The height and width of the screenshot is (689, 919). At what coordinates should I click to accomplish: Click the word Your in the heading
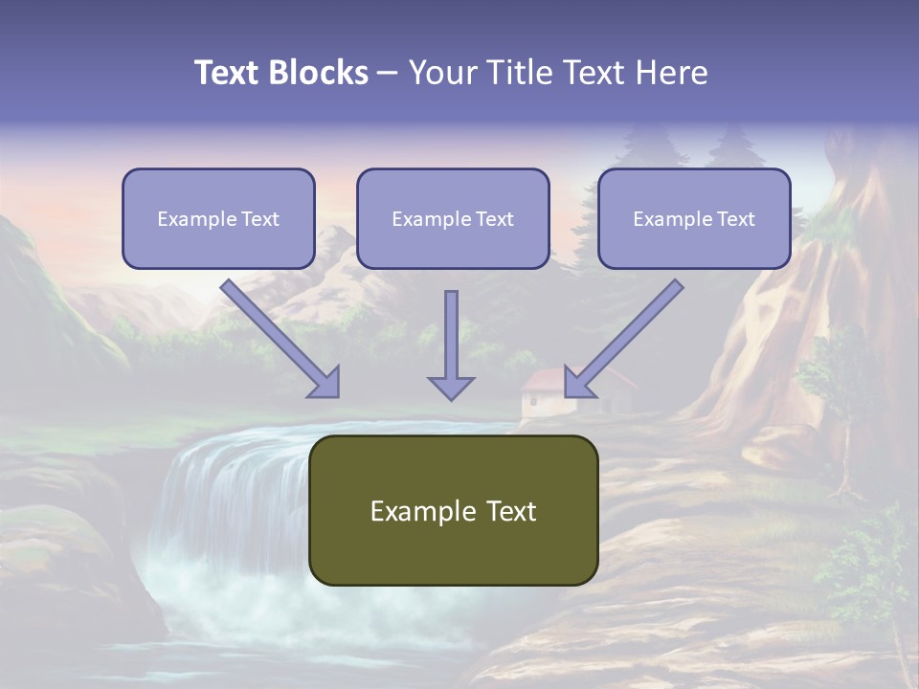[x=440, y=73]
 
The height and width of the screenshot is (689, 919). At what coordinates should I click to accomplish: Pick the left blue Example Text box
[x=218, y=219]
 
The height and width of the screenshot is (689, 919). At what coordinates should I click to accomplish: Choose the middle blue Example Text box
[x=453, y=219]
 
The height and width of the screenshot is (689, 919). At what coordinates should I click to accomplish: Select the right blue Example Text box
[x=694, y=219]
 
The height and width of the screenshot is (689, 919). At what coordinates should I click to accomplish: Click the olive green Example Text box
[x=453, y=510]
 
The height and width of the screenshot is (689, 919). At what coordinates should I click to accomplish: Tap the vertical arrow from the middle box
[x=451, y=335]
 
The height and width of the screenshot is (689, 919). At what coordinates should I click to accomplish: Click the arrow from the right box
[x=624, y=338]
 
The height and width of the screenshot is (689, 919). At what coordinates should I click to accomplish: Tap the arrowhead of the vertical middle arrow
[x=451, y=388]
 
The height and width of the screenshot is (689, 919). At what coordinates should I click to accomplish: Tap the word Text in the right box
[x=735, y=219]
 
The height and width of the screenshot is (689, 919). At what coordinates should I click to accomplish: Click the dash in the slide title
[x=388, y=73]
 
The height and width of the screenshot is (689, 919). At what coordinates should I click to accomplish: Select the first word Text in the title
[x=228, y=73]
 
